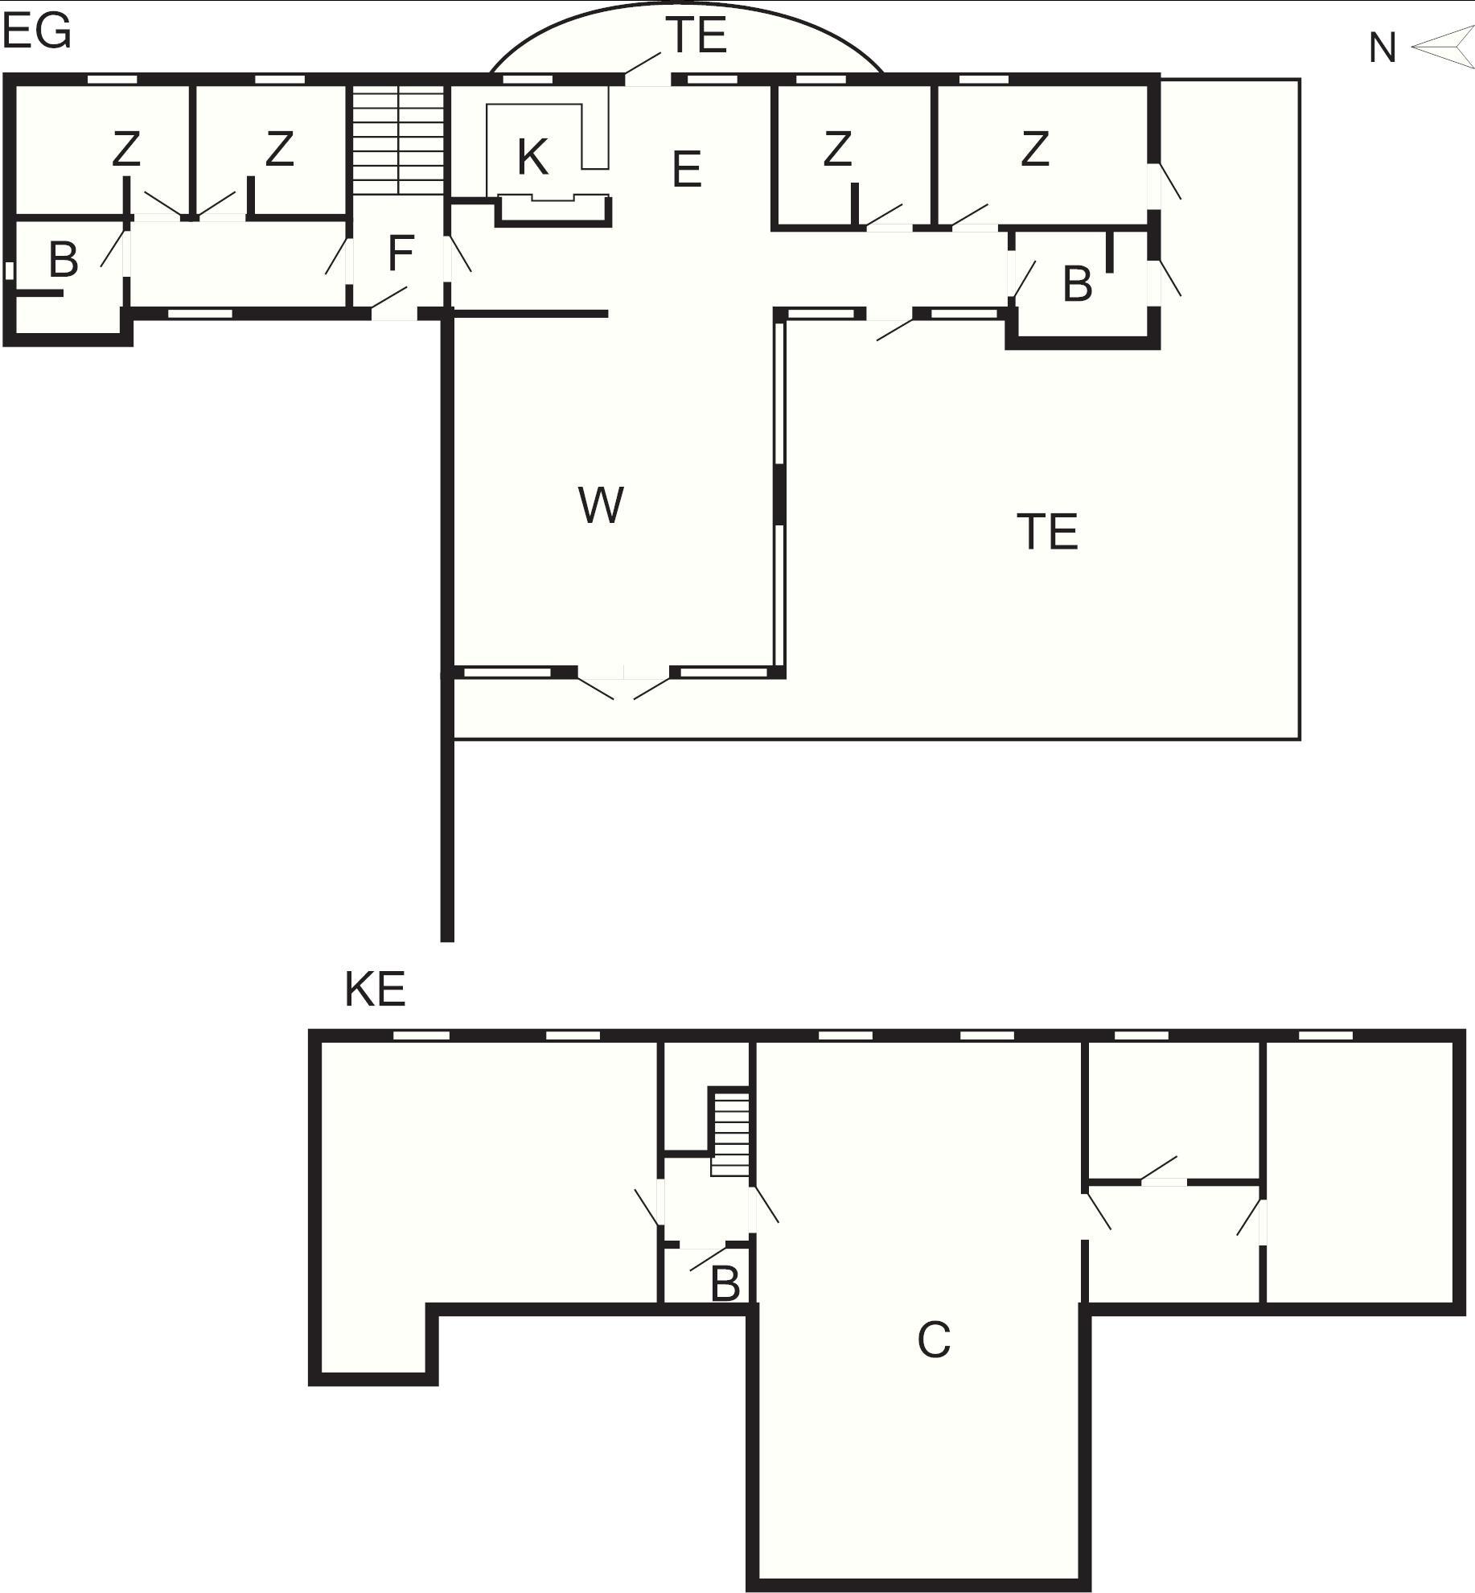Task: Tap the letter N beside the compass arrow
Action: pos(1382,48)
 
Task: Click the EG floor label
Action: pos(37,32)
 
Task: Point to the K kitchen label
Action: pos(532,157)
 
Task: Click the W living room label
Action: pos(601,505)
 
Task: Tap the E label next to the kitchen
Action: pos(686,170)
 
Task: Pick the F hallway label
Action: pos(400,253)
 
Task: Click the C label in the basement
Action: pos(934,1340)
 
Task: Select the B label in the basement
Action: pos(725,1284)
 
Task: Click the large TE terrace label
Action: pos(1047,532)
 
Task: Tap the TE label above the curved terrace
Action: pos(696,35)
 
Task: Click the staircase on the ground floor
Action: pos(399,139)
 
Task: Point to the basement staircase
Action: pos(730,1133)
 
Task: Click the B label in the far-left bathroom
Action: pos(64,260)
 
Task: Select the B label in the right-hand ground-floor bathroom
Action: pos(1078,284)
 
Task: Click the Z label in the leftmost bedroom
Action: pos(126,149)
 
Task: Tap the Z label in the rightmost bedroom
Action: pos(1035,149)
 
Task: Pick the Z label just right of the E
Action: pos(837,149)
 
